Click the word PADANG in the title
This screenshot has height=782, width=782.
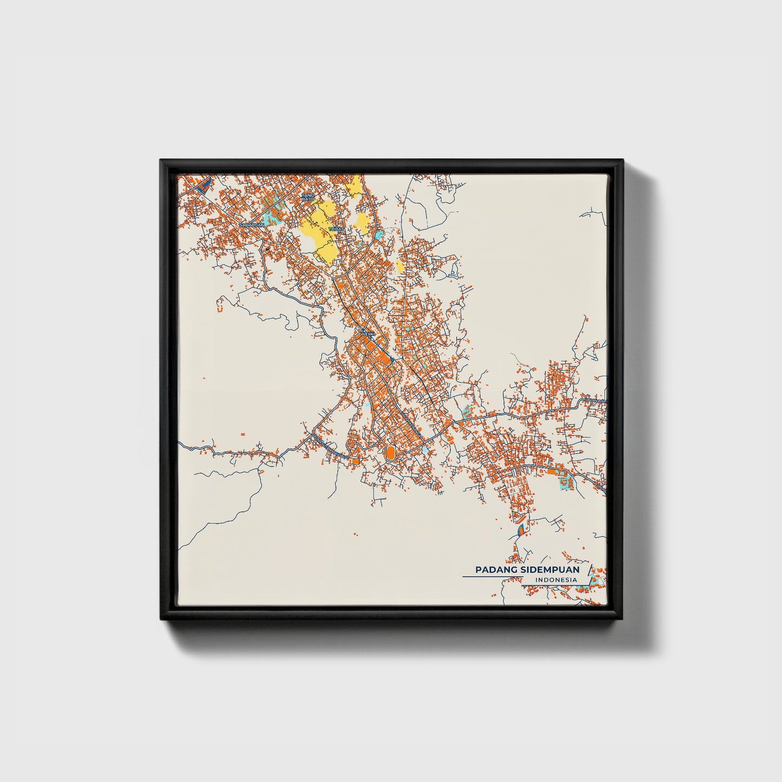(x=492, y=570)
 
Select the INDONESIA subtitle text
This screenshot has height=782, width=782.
(x=555, y=580)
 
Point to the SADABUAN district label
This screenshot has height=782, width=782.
(x=252, y=224)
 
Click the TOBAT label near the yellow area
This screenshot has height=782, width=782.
(x=336, y=229)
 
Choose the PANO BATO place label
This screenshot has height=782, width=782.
(x=307, y=197)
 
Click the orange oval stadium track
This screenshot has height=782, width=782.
(x=390, y=451)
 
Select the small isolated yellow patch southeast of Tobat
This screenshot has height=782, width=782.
(x=400, y=266)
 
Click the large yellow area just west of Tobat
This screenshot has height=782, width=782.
(x=319, y=233)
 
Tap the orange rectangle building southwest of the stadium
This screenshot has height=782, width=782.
(x=354, y=461)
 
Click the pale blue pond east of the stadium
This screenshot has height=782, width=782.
(x=425, y=449)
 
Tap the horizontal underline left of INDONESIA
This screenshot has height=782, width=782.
(x=492, y=577)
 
